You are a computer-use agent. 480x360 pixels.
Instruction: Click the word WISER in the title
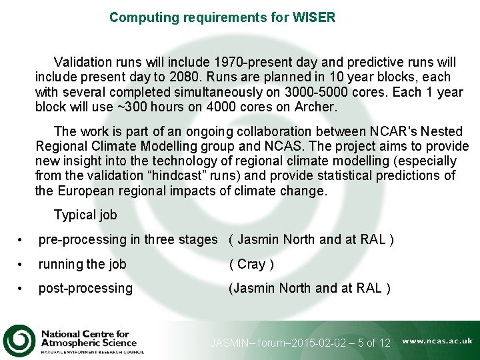(313, 17)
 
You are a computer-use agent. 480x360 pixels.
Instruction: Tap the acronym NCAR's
(371, 132)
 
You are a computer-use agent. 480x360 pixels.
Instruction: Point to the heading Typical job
(85, 215)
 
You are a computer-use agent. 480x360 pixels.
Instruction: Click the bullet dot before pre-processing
(22, 240)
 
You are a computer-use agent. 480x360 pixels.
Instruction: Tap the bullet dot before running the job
(22, 265)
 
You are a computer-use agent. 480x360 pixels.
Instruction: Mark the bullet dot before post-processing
(22, 289)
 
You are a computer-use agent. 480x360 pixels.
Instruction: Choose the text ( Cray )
(251, 264)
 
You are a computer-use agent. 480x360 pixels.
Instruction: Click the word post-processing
(85, 288)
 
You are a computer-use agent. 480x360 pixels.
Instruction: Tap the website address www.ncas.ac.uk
(437, 341)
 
